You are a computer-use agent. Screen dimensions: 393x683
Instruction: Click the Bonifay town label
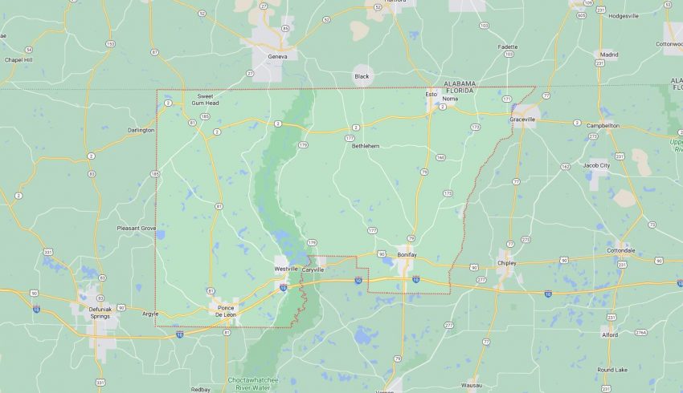coord(407,254)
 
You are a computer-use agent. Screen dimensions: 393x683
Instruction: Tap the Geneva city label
coord(277,58)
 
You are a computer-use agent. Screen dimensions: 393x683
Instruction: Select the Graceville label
coord(522,120)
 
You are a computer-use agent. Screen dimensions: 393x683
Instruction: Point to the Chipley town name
coord(507,262)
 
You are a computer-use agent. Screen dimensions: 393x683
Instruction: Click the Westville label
coord(285,269)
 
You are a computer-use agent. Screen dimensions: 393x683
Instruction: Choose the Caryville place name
coord(313,269)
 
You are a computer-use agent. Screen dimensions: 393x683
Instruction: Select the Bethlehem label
coord(365,146)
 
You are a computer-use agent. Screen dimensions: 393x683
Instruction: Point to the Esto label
coord(431,94)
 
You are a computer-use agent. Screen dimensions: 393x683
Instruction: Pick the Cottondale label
coord(620,250)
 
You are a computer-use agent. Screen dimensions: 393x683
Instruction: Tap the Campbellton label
coord(603,125)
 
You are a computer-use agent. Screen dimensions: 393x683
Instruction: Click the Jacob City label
coord(596,165)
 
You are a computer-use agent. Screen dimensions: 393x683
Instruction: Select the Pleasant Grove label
coord(137,228)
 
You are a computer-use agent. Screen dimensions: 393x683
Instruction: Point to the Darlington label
coord(141,130)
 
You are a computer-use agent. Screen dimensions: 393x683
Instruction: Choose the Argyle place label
coord(150,314)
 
